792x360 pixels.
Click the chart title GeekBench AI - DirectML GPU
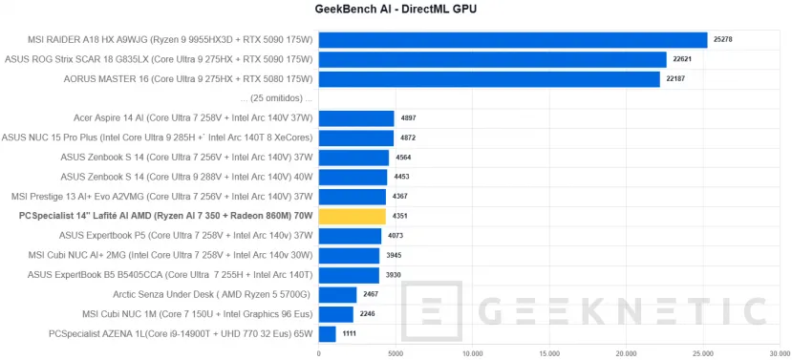396,10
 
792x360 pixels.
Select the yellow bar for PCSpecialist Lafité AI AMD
352,217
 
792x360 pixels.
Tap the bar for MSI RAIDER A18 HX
513,40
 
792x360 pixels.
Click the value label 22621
681,59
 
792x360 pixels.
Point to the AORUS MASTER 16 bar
489,79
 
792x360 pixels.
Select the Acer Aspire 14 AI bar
356,118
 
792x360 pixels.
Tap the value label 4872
408,138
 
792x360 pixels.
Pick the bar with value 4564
353,158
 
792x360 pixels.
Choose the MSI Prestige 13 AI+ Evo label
162,197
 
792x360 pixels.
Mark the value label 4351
400,217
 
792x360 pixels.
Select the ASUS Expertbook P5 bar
350,236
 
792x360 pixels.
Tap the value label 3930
394,275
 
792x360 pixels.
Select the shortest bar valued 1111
327,334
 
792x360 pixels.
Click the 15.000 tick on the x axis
549,351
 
